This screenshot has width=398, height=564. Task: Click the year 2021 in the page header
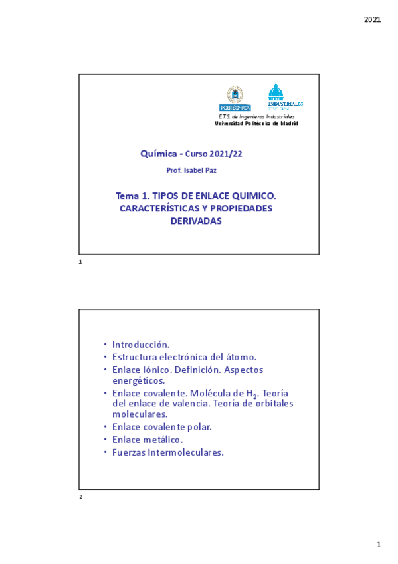click(x=373, y=19)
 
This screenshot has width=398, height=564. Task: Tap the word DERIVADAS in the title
click(x=195, y=221)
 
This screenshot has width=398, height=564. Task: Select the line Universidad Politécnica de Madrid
click(x=256, y=124)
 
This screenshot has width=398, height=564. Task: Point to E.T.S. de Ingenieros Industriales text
click(x=256, y=117)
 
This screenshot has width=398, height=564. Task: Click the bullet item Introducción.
click(x=141, y=345)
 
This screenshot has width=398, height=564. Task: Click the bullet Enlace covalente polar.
click(x=161, y=426)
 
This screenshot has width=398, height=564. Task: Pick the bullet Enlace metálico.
click(x=148, y=439)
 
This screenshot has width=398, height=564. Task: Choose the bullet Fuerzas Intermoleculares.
click(x=167, y=452)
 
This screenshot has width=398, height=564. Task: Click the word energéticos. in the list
click(x=138, y=380)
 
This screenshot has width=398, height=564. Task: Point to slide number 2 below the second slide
click(x=80, y=497)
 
